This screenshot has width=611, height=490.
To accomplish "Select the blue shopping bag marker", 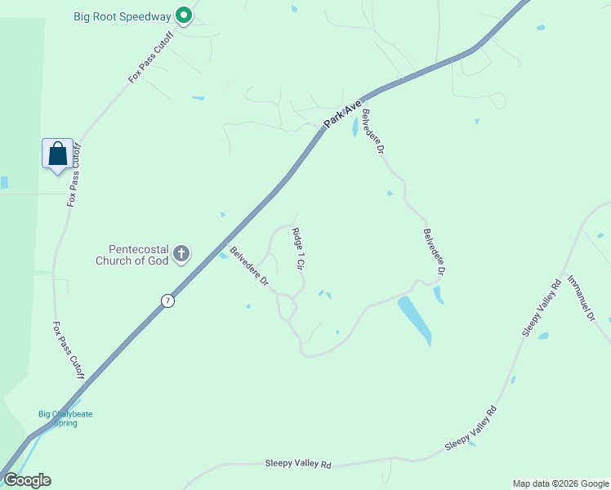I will click(57, 154).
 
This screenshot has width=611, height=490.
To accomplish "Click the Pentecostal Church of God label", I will click(138, 255).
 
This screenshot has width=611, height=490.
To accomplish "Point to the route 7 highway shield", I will click(167, 300).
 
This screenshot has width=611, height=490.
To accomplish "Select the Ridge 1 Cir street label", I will click(298, 249).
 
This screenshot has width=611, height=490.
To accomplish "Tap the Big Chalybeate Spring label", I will click(65, 418).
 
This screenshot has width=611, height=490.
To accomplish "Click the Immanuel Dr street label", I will click(582, 296).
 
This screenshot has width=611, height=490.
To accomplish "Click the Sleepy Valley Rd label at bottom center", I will click(298, 464).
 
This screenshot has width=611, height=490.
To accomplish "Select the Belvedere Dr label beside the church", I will click(250, 266).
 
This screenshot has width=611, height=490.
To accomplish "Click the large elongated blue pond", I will click(414, 320).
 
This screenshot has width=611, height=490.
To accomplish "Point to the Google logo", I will click(27, 480).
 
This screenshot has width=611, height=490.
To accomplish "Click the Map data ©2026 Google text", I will click(560, 483).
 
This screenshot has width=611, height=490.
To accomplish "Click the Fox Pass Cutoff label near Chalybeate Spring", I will click(68, 350).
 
